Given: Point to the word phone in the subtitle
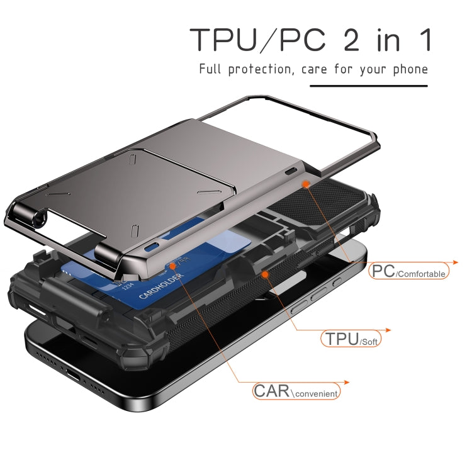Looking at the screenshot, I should click(x=409, y=69).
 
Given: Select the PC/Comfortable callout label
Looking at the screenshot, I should click(x=409, y=272).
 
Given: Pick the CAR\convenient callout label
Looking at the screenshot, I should click(x=296, y=391).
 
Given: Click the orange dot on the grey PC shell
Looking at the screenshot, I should click(x=306, y=183).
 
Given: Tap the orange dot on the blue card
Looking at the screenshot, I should click(x=172, y=266).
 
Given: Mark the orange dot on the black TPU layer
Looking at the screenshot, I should click(x=265, y=274).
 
